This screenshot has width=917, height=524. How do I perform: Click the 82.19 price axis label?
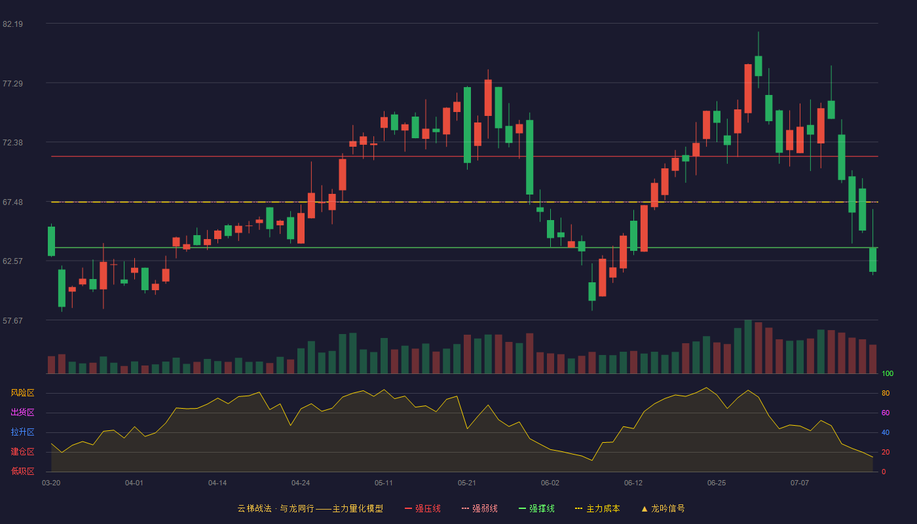[12, 24]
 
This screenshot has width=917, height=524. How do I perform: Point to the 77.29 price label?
[12, 84]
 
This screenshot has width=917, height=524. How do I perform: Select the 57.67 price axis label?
[12, 320]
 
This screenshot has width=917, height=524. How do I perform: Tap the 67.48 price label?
[12, 202]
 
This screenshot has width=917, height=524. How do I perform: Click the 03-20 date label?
[51, 483]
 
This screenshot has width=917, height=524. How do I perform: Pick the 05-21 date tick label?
[466, 483]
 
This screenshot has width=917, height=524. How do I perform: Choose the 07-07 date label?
[800, 483]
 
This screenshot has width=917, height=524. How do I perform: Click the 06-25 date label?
[717, 483]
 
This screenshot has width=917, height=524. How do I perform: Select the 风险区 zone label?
[22, 393]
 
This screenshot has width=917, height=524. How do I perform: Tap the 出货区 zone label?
[22, 413]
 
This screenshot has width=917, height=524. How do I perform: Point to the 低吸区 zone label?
[22, 472]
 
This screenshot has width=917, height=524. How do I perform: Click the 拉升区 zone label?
[22, 432]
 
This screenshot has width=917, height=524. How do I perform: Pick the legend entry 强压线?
[422, 509]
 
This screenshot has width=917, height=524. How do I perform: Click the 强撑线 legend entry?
[536, 509]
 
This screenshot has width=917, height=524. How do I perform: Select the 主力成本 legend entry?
[597, 509]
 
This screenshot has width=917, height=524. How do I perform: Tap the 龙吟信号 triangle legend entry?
[663, 509]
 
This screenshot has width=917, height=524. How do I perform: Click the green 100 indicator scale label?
[888, 374]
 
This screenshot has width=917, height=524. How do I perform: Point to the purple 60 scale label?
[886, 413]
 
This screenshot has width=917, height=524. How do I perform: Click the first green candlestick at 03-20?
[51, 241]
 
